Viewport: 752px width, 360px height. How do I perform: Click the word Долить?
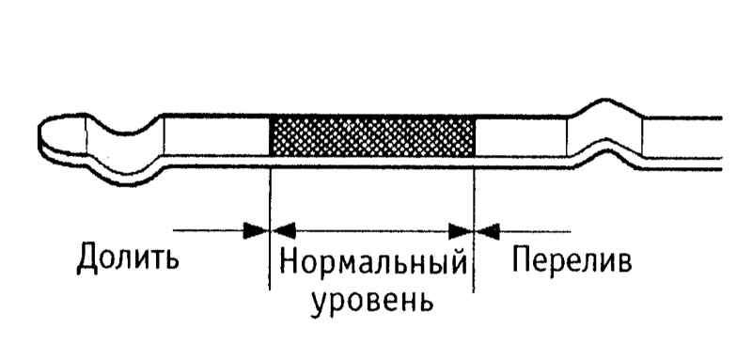point(128,258)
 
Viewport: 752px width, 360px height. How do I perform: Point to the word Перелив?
point(572,260)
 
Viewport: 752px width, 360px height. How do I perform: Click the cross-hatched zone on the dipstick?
point(372,136)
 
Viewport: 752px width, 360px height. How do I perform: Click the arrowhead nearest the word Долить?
point(254,230)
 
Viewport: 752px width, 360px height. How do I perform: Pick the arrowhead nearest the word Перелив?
point(488,231)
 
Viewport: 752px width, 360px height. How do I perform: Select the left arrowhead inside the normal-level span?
point(284,230)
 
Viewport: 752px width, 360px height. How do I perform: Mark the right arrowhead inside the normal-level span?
point(460,231)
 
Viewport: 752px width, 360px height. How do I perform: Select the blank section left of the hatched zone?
point(217,135)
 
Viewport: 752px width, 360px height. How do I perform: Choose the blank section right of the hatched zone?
point(521,136)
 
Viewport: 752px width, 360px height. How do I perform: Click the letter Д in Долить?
point(88,258)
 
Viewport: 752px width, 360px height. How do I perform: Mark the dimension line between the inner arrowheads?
point(371,231)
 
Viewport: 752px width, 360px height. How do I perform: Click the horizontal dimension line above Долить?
point(209,230)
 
